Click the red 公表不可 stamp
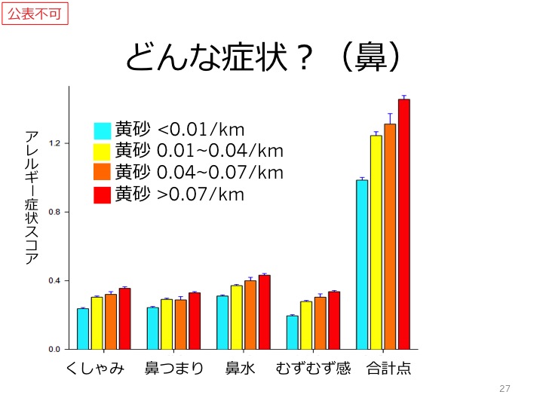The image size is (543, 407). (35, 14)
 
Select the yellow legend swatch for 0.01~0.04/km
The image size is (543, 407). (103, 152)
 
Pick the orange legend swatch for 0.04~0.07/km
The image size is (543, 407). (103, 173)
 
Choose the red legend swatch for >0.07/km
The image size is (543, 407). (103, 194)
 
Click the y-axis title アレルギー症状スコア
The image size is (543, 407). (32, 197)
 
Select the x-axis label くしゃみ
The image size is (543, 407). (96, 370)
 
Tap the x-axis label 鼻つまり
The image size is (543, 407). (174, 370)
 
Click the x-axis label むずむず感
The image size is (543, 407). (314, 370)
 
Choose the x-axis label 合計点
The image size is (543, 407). (389, 370)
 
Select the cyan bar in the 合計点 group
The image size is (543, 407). (362, 265)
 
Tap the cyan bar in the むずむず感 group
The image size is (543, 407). (292, 332)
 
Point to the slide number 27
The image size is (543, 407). (505, 389)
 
